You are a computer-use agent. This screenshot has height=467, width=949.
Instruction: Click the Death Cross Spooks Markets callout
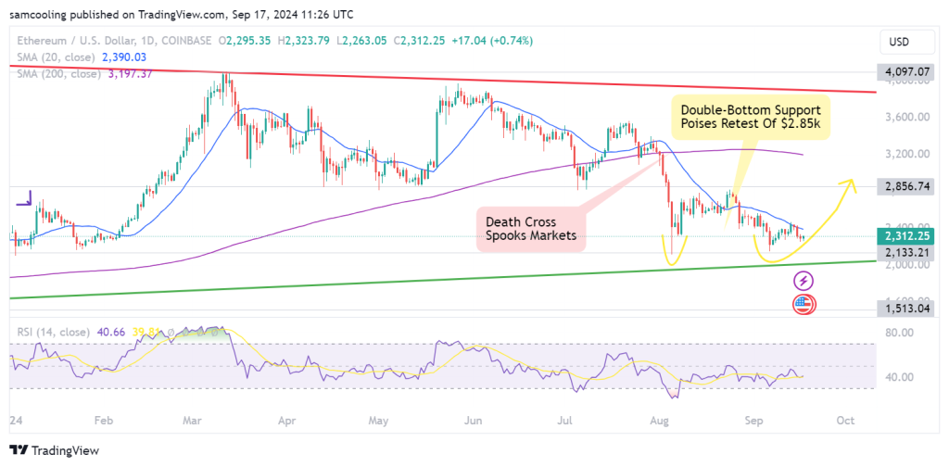[x=530, y=230]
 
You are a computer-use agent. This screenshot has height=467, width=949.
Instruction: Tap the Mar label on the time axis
[x=193, y=420]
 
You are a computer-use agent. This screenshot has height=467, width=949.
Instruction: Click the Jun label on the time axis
[x=474, y=420]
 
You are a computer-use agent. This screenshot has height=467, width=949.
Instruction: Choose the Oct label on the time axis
[x=844, y=420]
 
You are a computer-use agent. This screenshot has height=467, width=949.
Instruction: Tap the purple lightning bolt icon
[x=803, y=280]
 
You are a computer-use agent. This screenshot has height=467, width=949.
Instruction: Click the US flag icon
[x=803, y=305]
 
